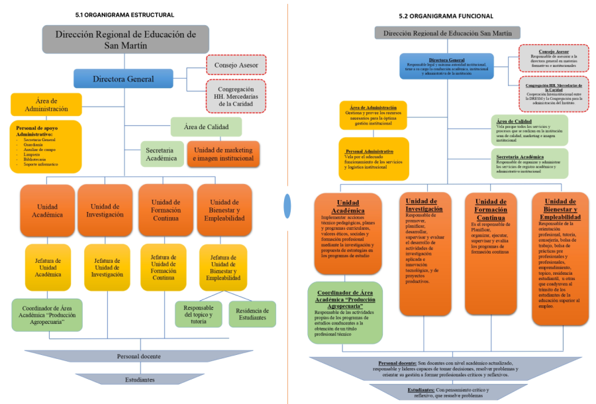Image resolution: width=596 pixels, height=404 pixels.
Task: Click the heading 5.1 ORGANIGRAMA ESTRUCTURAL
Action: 125,15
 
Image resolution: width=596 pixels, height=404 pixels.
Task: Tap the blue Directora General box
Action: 123,79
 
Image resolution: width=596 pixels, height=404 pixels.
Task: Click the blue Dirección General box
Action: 446,66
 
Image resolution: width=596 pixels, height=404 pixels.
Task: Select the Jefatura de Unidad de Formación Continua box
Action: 164,267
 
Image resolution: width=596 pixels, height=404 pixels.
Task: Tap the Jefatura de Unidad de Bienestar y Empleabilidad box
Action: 223,268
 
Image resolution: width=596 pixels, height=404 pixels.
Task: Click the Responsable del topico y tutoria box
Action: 198,313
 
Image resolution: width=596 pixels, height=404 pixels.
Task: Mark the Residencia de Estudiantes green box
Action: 252,313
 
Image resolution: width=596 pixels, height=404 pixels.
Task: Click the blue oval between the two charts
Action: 287,205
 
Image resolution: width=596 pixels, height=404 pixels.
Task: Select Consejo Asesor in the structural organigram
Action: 236,65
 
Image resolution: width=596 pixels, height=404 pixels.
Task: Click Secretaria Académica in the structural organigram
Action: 161,154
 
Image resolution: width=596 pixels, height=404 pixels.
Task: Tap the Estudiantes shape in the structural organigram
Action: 140,379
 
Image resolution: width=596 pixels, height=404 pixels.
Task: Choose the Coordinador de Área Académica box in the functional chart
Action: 345,312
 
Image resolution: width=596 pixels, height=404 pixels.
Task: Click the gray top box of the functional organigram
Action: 447,32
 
